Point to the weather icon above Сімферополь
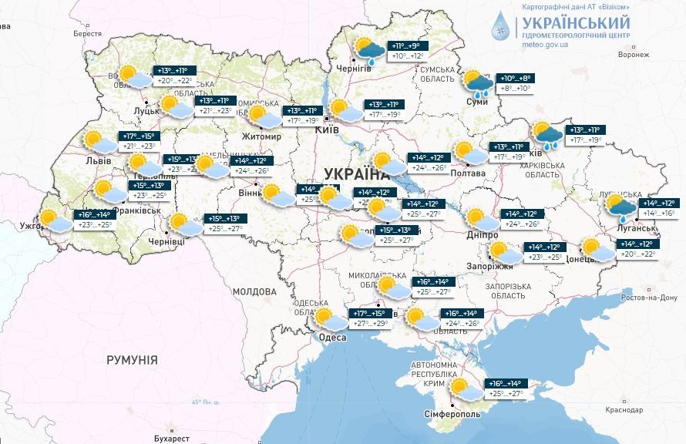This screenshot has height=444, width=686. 464,389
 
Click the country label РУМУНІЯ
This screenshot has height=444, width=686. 132,360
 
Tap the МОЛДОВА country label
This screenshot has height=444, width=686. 254,292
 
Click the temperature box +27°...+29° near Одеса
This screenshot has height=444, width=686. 369,325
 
